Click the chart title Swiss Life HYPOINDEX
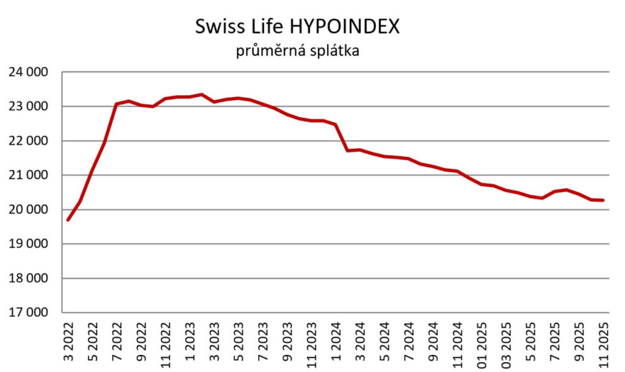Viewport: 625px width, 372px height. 297,27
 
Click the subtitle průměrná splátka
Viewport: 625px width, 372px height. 297,51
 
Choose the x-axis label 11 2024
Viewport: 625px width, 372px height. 458,342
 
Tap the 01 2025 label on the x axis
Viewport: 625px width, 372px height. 482,342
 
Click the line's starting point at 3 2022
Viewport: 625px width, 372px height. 68,220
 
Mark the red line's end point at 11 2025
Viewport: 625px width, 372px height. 604,200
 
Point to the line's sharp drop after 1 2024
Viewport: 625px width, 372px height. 342,138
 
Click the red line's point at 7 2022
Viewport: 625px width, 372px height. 117,104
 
